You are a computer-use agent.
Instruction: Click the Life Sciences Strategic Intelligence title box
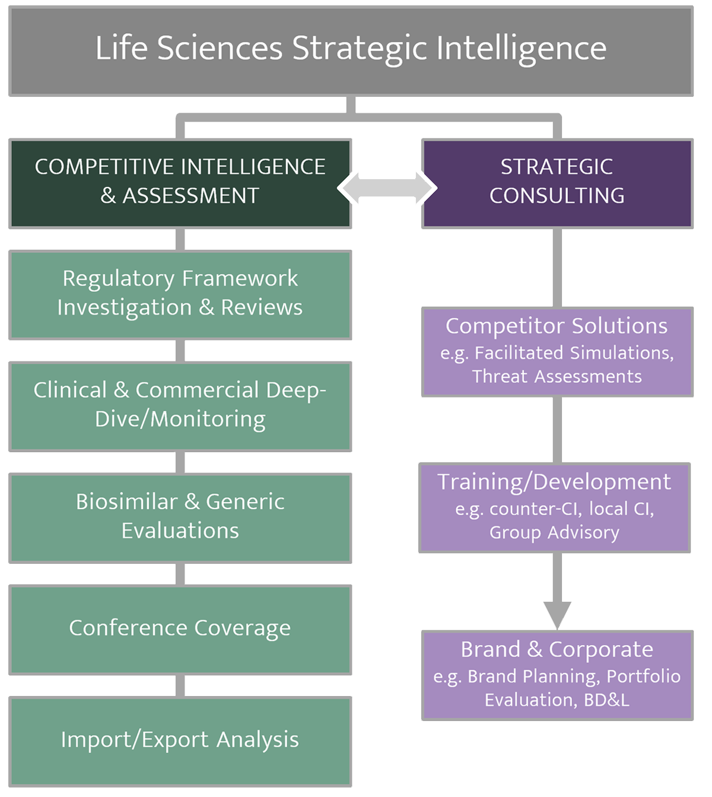click(x=351, y=50)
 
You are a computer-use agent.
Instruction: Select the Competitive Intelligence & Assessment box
click(x=180, y=183)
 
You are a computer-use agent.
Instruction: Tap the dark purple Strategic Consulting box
click(x=557, y=183)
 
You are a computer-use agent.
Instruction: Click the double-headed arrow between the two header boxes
click(x=387, y=188)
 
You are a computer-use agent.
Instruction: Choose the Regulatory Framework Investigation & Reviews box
click(x=180, y=294)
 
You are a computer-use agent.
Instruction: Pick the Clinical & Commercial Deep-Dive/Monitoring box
click(x=180, y=406)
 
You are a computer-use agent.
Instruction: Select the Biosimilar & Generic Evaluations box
click(x=180, y=517)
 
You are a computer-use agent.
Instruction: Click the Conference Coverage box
click(x=180, y=629)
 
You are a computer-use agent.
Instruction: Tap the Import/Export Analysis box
click(x=180, y=741)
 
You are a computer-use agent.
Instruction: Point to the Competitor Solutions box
click(x=557, y=351)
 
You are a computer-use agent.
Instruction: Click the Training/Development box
click(x=554, y=507)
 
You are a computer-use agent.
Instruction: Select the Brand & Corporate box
click(x=557, y=675)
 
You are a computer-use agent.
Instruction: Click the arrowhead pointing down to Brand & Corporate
click(x=557, y=615)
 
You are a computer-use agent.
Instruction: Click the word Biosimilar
click(x=126, y=502)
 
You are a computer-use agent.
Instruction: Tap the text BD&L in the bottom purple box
click(x=606, y=700)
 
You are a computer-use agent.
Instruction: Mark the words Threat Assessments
click(x=557, y=377)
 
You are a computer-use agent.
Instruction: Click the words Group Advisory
click(x=554, y=533)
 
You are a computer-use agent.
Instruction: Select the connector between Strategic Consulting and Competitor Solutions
click(x=557, y=267)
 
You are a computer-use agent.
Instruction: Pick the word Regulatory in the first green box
click(x=119, y=279)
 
